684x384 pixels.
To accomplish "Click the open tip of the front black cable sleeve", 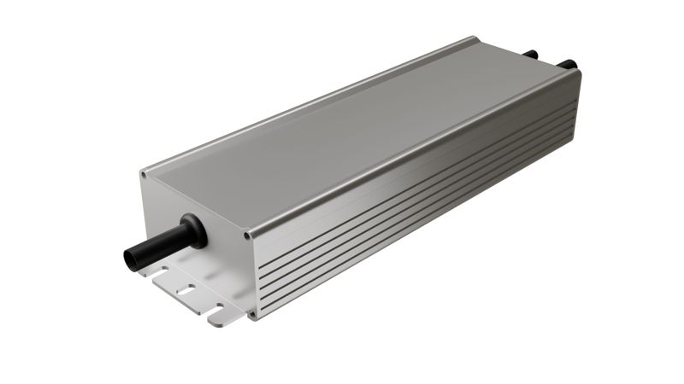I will (133, 257).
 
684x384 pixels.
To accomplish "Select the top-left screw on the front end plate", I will (144, 175).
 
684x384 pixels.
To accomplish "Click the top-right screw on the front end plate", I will (247, 235).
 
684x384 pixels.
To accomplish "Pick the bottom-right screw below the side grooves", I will (252, 314).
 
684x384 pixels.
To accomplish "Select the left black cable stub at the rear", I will (530, 54).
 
